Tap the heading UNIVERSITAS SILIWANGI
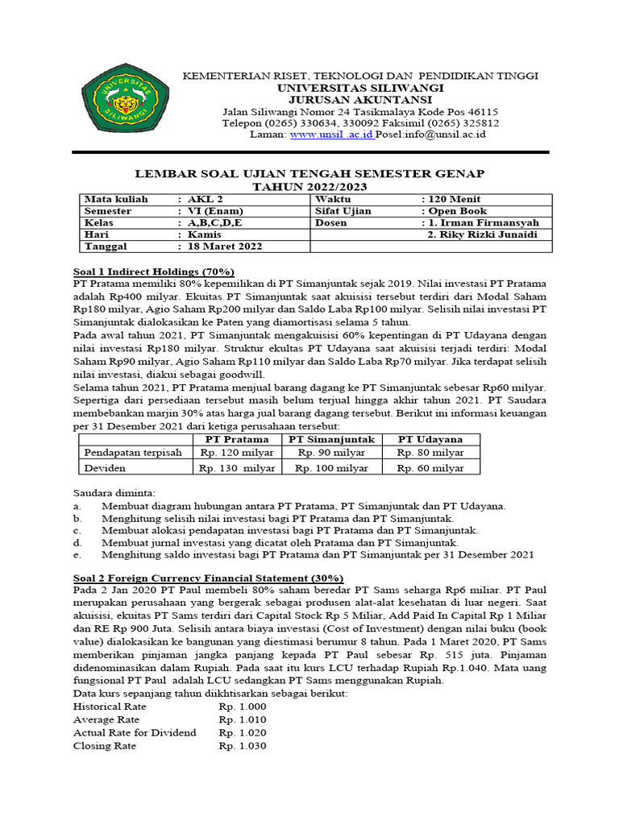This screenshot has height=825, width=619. (x=360, y=87)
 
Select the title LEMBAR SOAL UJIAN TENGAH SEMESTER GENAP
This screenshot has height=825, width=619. (x=309, y=174)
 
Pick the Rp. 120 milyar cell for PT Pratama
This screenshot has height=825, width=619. (x=236, y=453)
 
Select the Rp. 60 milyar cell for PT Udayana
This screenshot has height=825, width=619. (x=430, y=466)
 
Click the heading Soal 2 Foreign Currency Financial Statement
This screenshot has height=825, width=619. (x=208, y=578)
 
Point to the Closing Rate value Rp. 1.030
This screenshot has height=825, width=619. (x=242, y=746)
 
